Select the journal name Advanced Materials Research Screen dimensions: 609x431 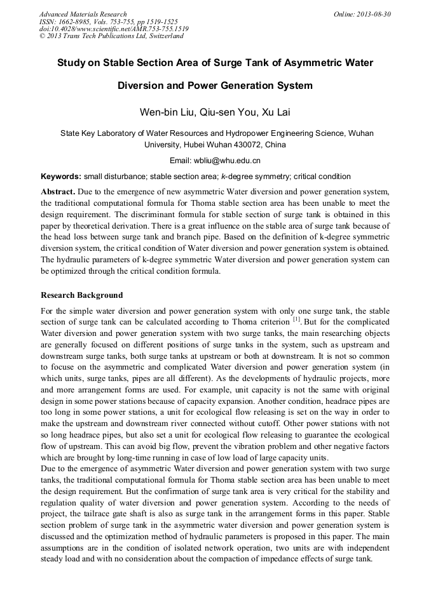click(83, 14)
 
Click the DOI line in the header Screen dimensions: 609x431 click(114, 29)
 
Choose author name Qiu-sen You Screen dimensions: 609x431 click(224, 112)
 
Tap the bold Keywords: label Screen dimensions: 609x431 click(61, 176)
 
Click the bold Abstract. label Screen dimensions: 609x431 click(58, 191)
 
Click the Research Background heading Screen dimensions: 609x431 click(81, 295)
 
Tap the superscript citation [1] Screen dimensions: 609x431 click(296, 318)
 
